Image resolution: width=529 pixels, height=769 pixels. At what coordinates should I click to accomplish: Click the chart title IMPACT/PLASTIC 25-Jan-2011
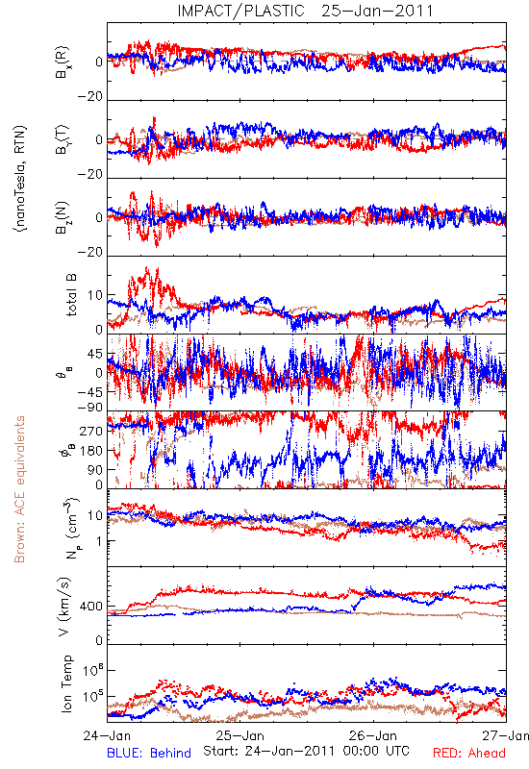[x=305, y=11]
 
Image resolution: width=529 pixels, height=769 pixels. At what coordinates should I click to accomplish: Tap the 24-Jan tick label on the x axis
[x=107, y=735]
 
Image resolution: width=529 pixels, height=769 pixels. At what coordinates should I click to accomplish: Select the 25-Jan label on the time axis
[x=239, y=735]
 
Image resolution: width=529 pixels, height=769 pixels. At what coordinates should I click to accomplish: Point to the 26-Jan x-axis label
[x=373, y=735]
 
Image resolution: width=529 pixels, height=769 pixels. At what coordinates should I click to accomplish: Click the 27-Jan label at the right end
[x=506, y=735]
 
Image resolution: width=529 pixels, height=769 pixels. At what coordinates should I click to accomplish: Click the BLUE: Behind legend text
[x=149, y=753]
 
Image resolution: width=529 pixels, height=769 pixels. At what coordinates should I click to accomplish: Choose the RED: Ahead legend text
[x=469, y=753]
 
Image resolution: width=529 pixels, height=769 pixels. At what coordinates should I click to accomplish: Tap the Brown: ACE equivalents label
[x=19, y=489]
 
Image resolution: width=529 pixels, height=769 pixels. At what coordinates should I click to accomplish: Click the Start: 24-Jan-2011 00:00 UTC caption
[x=306, y=751]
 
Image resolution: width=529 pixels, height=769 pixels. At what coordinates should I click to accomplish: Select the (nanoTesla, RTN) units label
[x=21, y=179]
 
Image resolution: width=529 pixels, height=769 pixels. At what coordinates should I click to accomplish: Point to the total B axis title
[x=70, y=295]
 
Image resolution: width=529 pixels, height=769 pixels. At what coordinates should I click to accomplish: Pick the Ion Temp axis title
[x=66, y=683]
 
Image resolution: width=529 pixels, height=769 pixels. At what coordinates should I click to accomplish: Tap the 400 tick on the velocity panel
[x=90, y=607]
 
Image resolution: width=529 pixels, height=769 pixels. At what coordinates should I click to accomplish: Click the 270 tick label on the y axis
[x=91, y=431]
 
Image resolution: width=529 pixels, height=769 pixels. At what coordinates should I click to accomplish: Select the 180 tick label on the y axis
[x=91, y=451]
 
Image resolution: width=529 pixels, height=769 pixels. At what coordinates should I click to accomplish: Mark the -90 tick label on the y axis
[x=89, y=408]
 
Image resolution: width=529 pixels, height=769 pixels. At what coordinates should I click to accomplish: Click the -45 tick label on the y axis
[x=89, y=392]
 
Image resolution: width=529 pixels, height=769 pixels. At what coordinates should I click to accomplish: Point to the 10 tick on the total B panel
[x=95, y=295]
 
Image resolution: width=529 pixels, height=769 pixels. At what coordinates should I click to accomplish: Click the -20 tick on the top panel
[x=90, y=97]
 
